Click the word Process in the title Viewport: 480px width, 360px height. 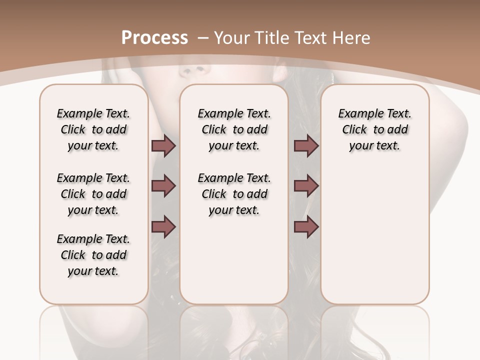pos(154,38)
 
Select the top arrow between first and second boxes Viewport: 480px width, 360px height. pos(163,146)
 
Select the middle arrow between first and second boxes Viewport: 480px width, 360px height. pos(163,186)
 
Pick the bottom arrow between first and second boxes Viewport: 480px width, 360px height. pos(163,226)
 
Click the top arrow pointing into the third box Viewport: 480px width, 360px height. pos(306,146)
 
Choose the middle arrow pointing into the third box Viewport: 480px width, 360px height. pos(306,186)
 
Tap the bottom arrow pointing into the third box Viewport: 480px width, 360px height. pos(306,226)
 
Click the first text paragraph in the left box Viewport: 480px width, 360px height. pos(93,129)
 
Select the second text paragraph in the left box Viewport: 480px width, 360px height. pos(93,194)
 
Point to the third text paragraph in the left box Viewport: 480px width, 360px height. pos(93,255)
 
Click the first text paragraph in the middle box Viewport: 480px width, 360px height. pos(234,129)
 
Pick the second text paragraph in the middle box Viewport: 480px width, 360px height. pos(234,194)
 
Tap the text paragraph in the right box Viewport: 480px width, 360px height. pos(374,129)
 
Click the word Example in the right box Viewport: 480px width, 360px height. pos(356,114)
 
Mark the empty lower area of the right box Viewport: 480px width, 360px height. pos(374,240)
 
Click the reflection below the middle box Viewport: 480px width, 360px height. pos(234,330)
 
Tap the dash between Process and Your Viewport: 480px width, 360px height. pos(203,38)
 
